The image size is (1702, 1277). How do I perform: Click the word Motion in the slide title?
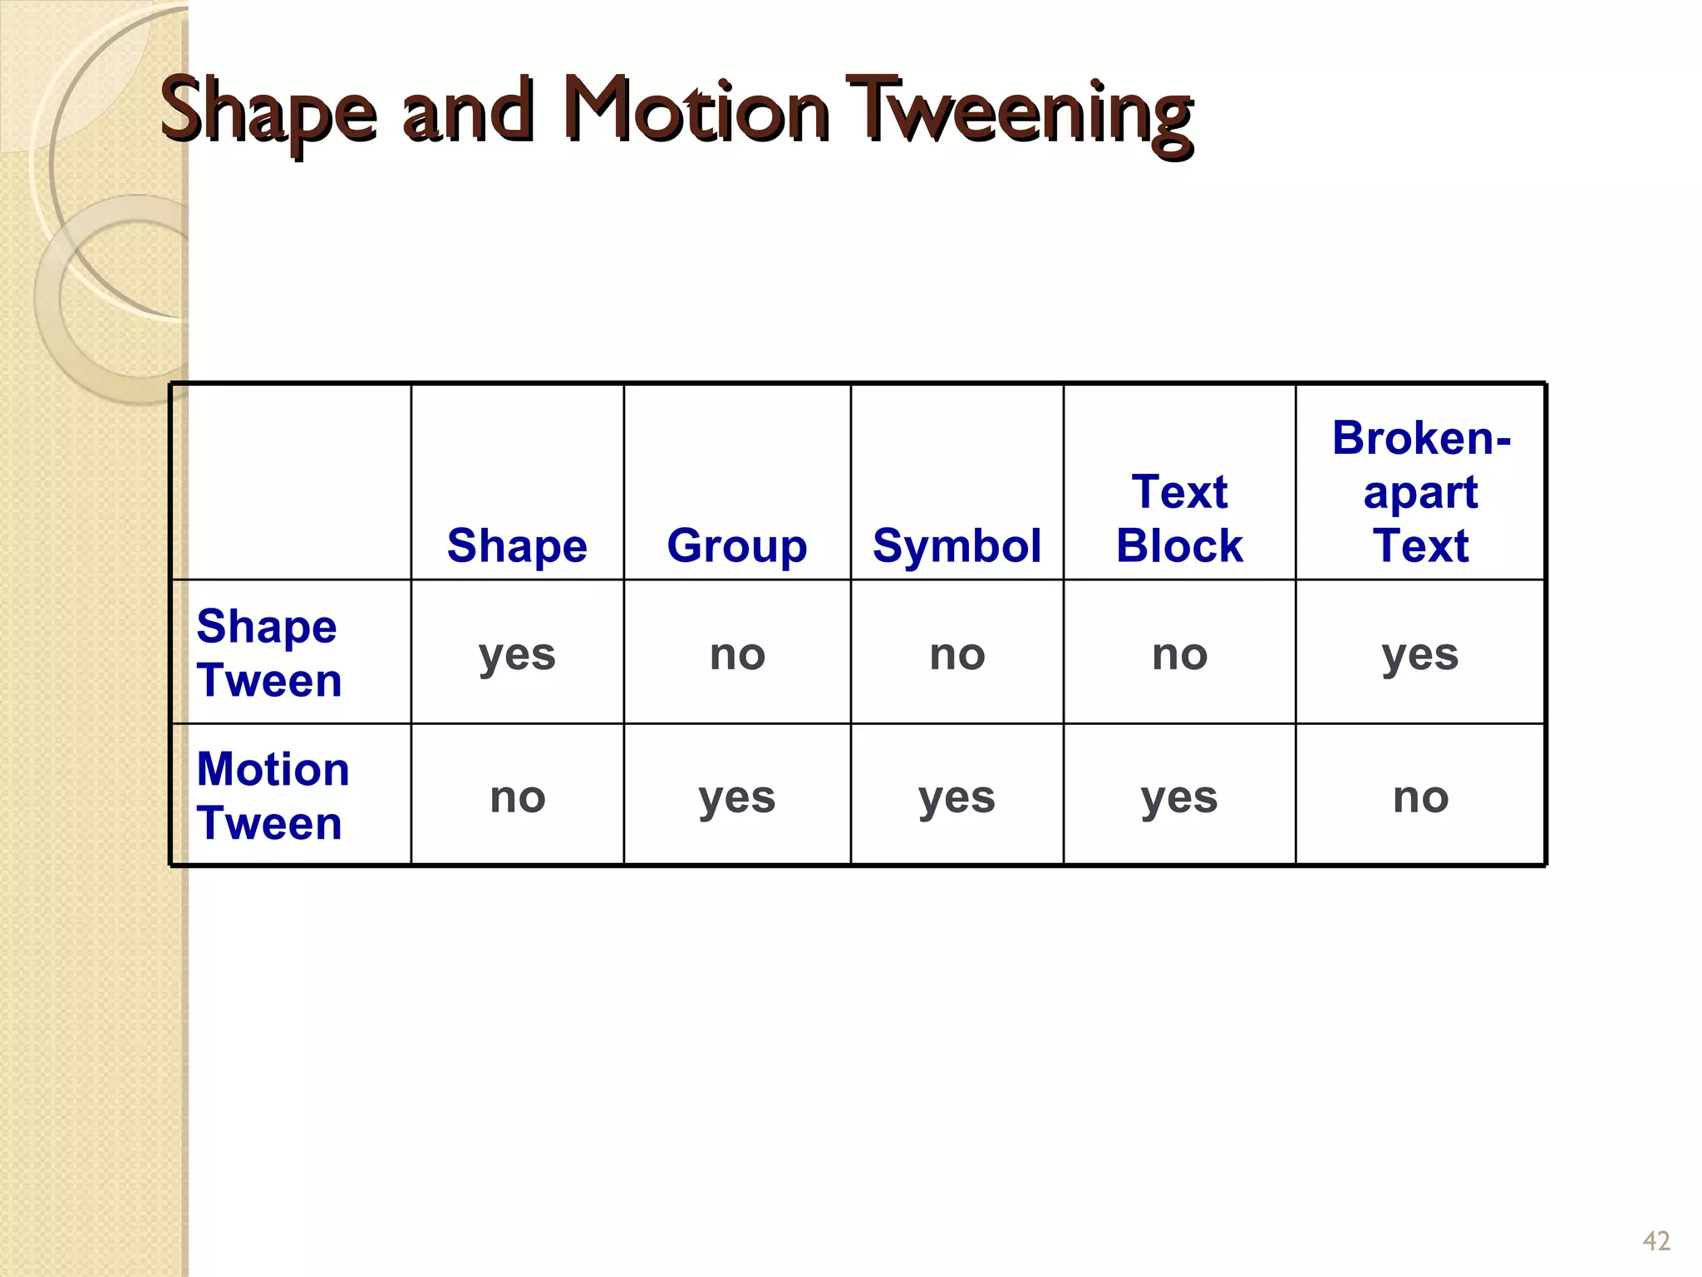click(696, 112)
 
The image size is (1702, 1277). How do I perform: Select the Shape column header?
click(517, 546)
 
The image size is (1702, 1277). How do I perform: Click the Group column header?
click(736, 546)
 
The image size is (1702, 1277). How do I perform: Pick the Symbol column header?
click(957, 546)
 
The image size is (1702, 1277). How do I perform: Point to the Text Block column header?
click(1179, 519)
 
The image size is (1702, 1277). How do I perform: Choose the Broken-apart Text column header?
click(1420, 492)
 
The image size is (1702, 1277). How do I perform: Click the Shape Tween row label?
click(268, 653)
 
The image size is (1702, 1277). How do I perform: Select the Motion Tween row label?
click(273, 796)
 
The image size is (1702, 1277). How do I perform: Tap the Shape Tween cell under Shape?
click(517, 654)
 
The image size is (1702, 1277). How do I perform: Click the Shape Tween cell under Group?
click(736, 654)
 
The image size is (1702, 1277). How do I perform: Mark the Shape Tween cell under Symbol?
click(957, 654)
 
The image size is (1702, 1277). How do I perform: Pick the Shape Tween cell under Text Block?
click(1179, 654)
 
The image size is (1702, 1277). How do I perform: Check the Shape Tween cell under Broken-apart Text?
click(1420, 654)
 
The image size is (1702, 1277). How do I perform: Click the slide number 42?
click(1655, 1241)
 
